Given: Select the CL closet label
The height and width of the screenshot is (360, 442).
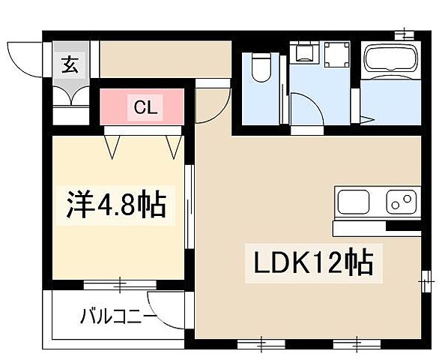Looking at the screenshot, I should coord(145,107).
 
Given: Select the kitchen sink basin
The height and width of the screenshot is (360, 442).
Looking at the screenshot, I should coord(354,202).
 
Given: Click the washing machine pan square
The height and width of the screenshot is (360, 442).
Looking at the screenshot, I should coord(337,54).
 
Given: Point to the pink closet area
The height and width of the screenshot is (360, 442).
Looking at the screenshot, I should coord(143,107).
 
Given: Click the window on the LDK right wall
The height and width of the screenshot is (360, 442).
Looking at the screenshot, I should coord(426,280).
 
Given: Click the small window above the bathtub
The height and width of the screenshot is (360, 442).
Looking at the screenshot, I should coord(405,33).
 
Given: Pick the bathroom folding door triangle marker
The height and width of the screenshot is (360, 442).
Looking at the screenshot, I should coord(366,118).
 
